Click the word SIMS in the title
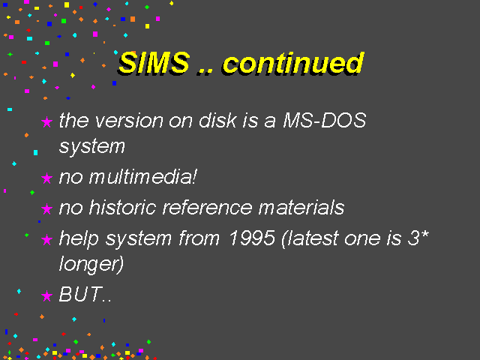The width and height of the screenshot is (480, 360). [x=154, y=63]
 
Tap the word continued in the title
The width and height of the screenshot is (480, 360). [x=293, y=63]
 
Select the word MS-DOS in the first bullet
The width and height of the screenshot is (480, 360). [x=325, y=120]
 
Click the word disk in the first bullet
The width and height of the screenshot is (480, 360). [x=218, y=120]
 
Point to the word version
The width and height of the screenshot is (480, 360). [x=129, y=121]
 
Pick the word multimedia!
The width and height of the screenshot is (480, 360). [x=143, y=177]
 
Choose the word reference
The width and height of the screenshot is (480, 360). [x=207, y=207]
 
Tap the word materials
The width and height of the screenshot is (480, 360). [x=301, y=207]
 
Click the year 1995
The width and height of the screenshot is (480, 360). [x=252, y=238]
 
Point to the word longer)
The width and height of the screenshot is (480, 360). [x=91, y=263]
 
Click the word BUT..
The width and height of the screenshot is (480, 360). [x=80, y=294]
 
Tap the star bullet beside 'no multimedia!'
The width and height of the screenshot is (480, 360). [x=46, y=178]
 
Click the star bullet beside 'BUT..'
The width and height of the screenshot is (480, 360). [x=46, y=295]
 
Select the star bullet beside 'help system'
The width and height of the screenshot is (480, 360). [x=46, y=239]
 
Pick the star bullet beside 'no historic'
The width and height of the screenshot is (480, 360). [x=46, y=208]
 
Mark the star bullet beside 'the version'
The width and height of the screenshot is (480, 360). [x=46, y=121]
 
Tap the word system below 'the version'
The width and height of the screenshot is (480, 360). [x=92, y=147]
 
